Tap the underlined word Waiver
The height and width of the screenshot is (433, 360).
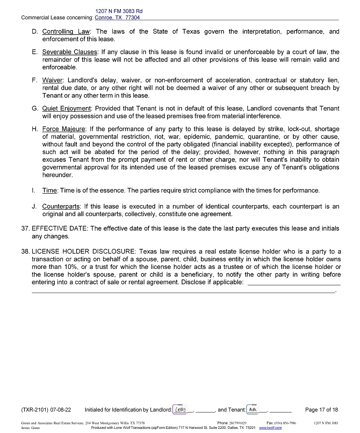point(52,80)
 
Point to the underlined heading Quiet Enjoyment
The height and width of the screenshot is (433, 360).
point(67,108)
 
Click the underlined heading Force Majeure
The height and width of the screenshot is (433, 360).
point(63,129)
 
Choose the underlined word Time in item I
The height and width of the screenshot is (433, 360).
point(50,190)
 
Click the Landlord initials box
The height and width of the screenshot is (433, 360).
point(181,409)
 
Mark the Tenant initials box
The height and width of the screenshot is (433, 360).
point(252,409)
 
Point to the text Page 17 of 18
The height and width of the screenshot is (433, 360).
point(322,410)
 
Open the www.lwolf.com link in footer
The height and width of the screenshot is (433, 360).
point(270,428)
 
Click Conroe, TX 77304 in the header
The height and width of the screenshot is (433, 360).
point(117,18)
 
